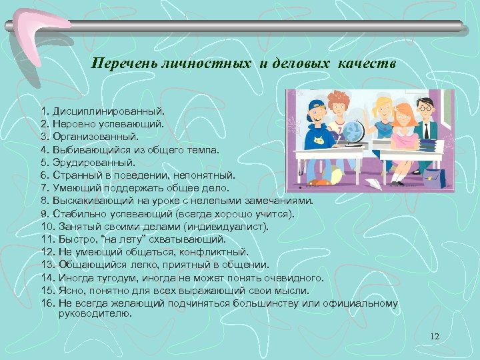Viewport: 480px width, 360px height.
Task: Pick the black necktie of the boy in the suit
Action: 427,123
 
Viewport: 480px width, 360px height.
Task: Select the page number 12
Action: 435,336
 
